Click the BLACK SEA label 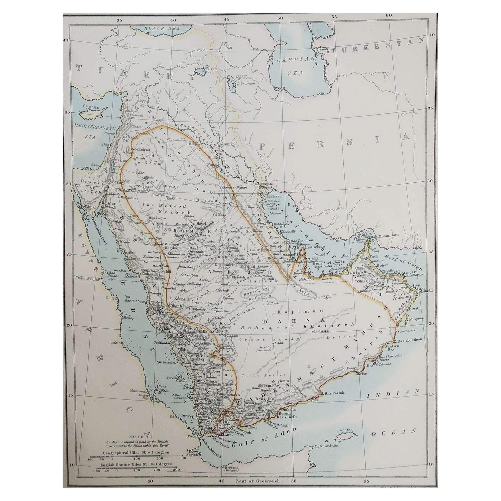162,29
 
